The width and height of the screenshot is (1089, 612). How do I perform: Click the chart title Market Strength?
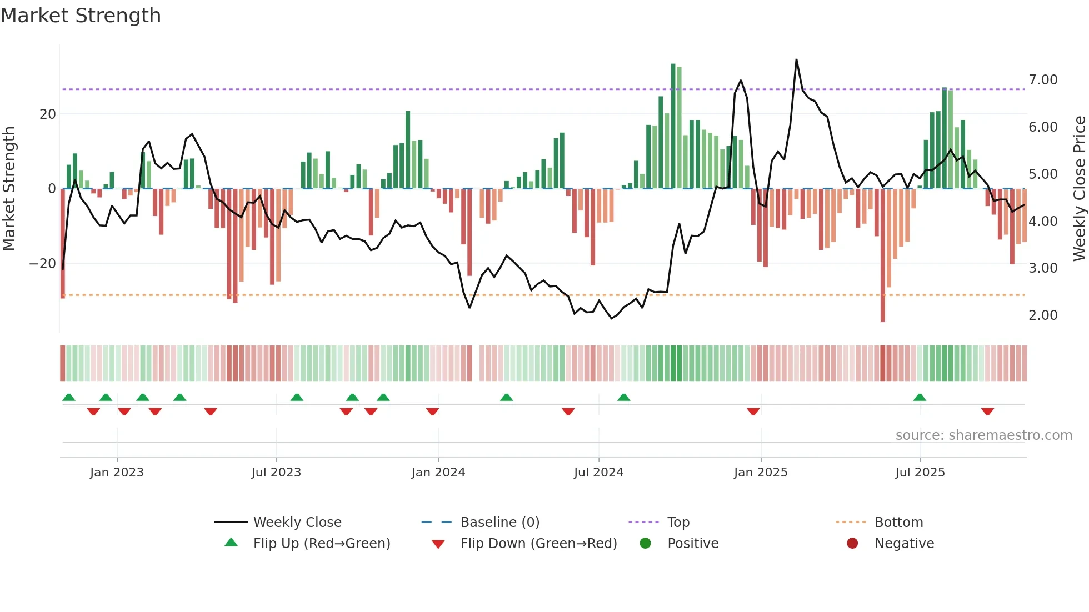[81, 16]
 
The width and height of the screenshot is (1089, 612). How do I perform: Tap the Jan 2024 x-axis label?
[438, 473]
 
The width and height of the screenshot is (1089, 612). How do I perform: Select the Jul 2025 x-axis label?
[920, 473]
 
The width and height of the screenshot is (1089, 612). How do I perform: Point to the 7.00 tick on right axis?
[1042, 80]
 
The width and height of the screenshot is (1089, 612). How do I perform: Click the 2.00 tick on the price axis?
[1042, 315]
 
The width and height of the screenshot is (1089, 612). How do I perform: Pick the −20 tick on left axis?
[43, 264]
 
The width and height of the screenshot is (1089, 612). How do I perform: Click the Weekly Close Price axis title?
[1079, 189]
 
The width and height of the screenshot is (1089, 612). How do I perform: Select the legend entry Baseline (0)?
[499, 523]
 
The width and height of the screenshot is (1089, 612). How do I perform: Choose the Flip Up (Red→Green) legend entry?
[321, 544]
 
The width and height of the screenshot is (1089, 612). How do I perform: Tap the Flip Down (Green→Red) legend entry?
[538, 544]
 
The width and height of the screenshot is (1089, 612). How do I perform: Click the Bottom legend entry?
[898, 523]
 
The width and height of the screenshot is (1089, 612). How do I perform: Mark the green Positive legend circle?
[645, 544]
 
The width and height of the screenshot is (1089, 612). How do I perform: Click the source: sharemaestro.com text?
[983, 435]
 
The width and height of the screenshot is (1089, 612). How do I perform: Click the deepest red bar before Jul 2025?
[882, 255]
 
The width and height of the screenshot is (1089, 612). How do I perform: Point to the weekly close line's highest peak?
[796, 60]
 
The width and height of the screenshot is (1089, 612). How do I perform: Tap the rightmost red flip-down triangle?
[987, 412]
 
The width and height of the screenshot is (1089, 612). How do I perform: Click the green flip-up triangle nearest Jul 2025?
[920, 397]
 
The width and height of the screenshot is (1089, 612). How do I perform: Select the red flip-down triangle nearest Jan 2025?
[753, 412]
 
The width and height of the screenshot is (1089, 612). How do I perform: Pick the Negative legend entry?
[903, 544]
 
